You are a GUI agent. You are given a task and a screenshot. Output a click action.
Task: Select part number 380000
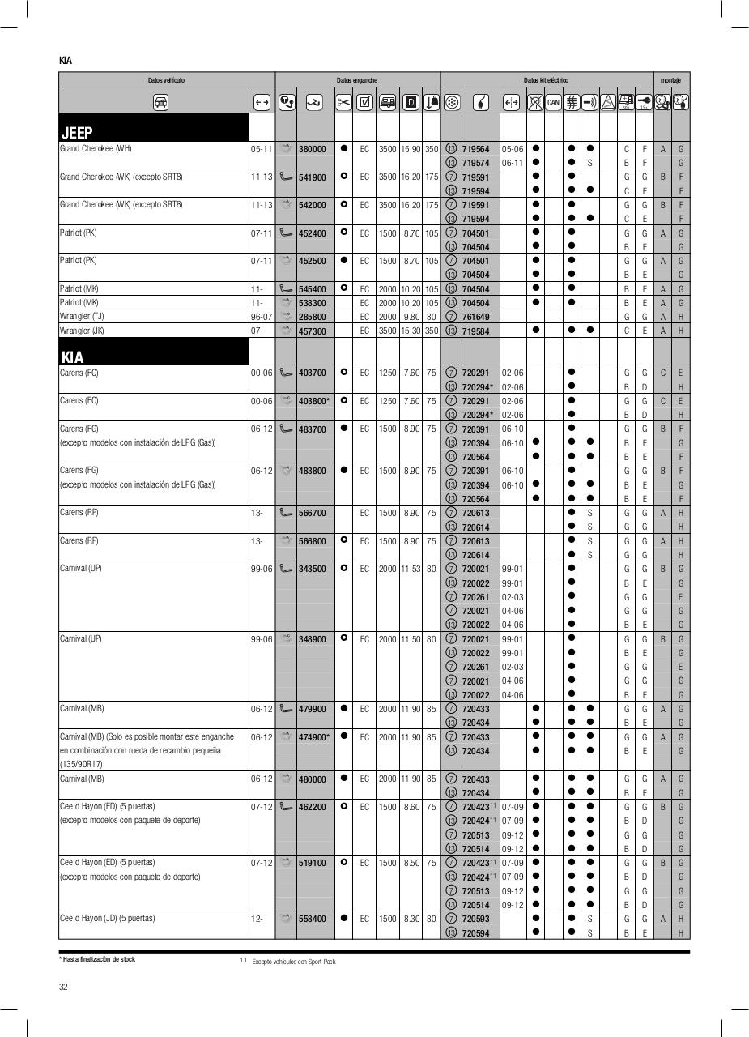tap(312, 149)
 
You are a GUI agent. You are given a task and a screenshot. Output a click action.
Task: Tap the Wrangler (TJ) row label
tap(82, 317)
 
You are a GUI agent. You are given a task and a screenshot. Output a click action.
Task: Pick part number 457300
tap(312, 331)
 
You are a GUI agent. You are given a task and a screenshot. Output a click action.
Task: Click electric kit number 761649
tap(475, 317)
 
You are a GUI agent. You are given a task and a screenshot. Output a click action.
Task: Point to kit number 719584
tap(475, 331)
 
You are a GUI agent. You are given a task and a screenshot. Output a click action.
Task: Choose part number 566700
tap(312, 513)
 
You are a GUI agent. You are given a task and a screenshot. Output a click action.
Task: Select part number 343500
tap(312, 569)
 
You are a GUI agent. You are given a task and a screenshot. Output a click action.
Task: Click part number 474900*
tap(314, 737)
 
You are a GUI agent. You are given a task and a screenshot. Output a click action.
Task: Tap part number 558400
tap(312, 919)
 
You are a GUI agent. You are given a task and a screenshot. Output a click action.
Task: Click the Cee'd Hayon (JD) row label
tap(107, 919)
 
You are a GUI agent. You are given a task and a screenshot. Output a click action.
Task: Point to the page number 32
tap(63, 986)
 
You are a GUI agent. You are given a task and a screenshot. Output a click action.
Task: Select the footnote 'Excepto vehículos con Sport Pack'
tap(293, 962)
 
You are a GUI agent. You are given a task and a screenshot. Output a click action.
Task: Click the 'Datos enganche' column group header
tap(357, 80)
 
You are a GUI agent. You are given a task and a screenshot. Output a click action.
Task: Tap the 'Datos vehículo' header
tap(166, 80)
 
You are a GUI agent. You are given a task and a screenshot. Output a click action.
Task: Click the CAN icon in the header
tap(553, 102)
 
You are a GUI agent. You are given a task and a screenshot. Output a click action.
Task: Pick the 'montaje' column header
tap(670, 80)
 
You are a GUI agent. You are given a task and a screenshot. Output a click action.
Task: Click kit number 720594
tap(475, 933)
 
